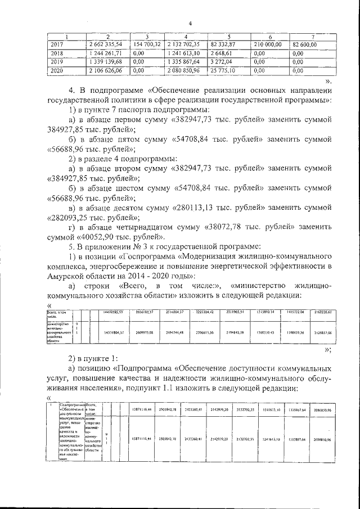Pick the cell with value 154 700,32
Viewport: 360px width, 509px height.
tap(146, 44)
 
